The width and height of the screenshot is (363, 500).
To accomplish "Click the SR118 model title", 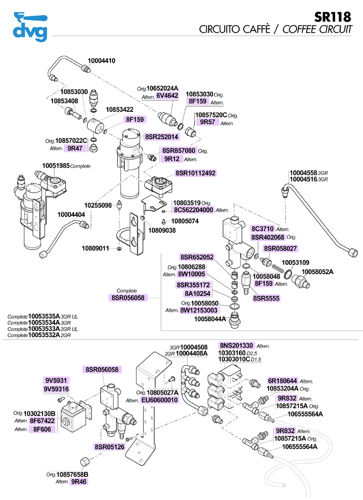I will pos(334,17).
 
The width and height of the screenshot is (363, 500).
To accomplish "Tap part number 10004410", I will pos(101,61).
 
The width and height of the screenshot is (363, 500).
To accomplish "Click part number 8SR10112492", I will pos(196,173).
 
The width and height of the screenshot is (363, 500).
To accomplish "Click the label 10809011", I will pos(95,248).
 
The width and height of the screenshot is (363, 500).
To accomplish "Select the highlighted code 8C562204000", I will pos(193,210).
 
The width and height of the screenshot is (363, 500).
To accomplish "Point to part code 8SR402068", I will pos(268,237).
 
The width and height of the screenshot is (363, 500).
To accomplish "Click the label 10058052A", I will pos(317,272).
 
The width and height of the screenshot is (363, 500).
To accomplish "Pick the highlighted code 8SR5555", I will pos(266,298).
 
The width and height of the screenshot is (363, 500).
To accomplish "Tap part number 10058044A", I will pos(210,319).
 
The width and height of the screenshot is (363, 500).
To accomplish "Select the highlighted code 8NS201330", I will pos(236,345).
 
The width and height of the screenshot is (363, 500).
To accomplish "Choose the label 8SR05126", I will pos(109,447).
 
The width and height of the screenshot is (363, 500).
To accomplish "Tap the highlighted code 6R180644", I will pos(283,380).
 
